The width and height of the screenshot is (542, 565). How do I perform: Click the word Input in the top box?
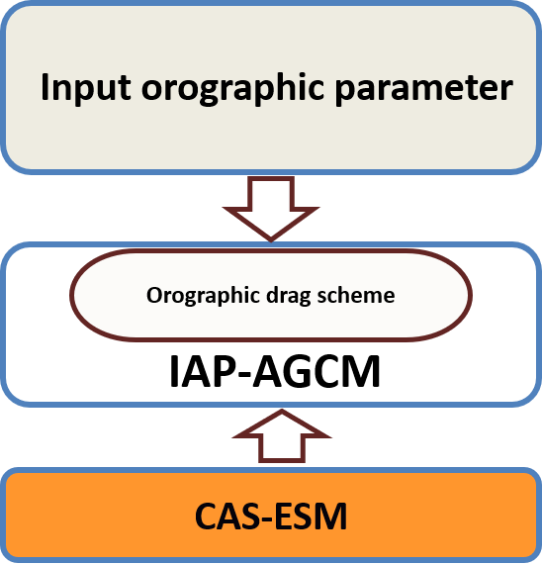pyautogui.click(x=86, y=88)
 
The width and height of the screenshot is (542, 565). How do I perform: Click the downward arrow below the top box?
pyautogui.click(x=271, y=208)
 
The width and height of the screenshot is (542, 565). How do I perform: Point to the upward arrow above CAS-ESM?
pyautogui.click(x=282, y=436)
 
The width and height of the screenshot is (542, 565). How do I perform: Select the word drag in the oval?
pyautogui.click(x=288, y=297)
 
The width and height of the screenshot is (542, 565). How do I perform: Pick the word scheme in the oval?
pyautogui.click(x=356, y=296)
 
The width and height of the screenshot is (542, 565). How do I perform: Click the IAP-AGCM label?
pyautogui.click(x=275, y=371)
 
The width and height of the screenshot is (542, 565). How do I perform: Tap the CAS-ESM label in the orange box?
pyautogui.click(x=271, y=516)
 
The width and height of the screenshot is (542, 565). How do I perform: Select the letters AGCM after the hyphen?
pyautogui.click(x=316, y=371)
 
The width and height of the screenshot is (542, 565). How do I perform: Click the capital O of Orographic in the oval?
pyautogui.click(x=154, y=296)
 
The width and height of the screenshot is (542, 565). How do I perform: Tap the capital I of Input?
pyautogui.click(x=45, y=88)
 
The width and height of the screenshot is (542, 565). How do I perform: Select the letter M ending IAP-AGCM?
pyautogui.click(x=363, y=371)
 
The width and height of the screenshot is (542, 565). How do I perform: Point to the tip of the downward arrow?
pyautogui.click(x=271, y=241)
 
